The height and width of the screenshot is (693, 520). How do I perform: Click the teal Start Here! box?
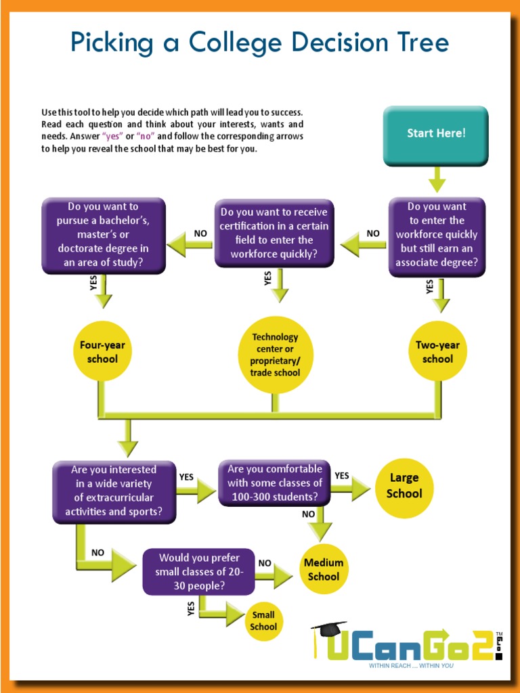tap(435, 135)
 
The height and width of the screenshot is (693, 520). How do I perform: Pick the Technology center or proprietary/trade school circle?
tap(275, 355)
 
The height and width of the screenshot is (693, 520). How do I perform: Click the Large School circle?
tap(404, 487)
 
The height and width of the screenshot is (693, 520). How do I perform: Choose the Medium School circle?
tap(324, 569)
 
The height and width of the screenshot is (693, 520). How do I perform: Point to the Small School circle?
tap(263, 621)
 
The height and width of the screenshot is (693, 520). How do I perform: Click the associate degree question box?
tap(437, 236)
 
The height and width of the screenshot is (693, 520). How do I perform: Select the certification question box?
tap(274, 233)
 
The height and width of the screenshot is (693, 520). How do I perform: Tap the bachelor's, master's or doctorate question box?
tap(103, 235)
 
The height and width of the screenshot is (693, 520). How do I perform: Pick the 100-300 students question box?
tap(274, 483)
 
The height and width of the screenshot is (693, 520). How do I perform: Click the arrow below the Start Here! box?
tap(437, 179)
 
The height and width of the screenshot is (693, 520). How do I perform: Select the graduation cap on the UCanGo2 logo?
tap(330, 629)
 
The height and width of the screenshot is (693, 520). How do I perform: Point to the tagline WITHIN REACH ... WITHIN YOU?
tap(411, 666)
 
